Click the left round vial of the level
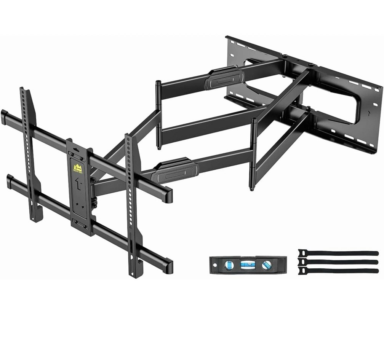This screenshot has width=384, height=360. [x=229, y=265]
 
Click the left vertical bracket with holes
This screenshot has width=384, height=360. [x=30, y=152]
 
